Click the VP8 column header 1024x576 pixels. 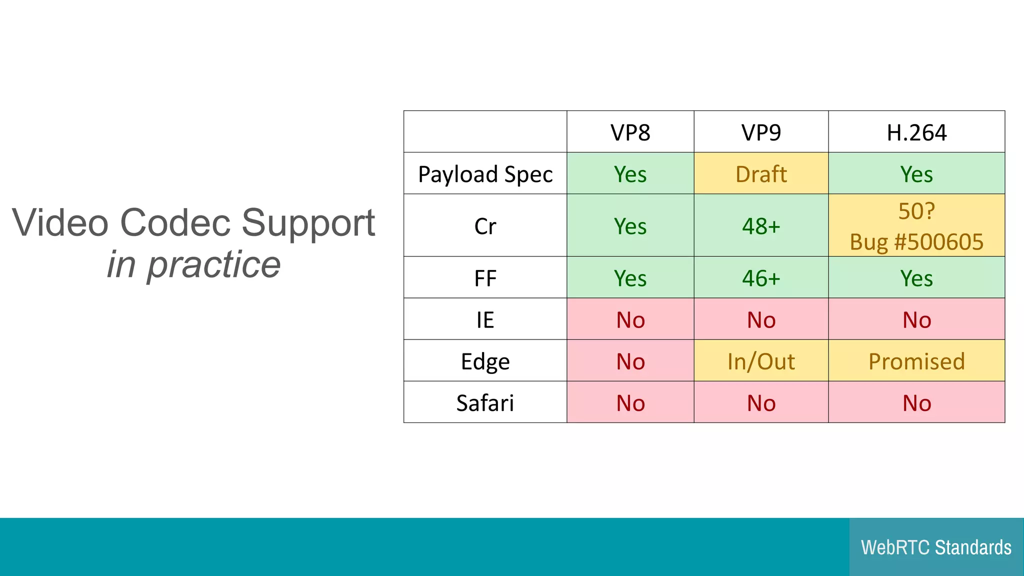pos(630,132)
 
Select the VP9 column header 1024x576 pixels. pos(760,132)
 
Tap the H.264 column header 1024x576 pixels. pos(916,132)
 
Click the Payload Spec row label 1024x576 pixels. pos(485,174)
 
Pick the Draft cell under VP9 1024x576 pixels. pos(760,174)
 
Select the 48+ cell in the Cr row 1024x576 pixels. pos(760,226)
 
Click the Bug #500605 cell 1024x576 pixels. pos(916,241)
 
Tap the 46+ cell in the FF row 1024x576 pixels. pos(760,278)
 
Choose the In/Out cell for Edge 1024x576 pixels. pos(760,361)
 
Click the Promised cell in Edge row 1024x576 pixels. pos(916,361)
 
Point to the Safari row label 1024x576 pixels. pos(485,402)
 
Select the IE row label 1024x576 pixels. pos(485,319)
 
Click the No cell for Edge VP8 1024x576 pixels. pos(630,361)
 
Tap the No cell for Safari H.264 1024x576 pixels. pos(916,402)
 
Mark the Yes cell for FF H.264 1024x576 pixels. pos(916,278)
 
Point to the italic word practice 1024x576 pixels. pos(213,264)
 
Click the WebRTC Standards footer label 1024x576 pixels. pos(935,547)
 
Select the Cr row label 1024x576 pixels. pos(485,226)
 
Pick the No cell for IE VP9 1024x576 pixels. pos(760,319)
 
